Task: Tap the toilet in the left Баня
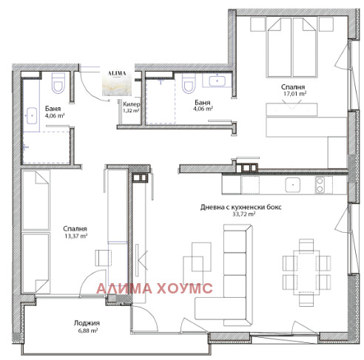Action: click(x=58, y=83)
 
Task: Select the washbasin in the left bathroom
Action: click(x=32, y=115)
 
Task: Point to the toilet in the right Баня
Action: click(x=189, y=84)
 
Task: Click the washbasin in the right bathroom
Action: click(x=217, y=81)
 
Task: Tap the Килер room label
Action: click(x=132, y=104)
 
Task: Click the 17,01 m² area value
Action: click(x=294, y=94)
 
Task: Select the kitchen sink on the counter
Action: click(x=293, y=185)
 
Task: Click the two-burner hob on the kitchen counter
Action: click(x=320, y=185)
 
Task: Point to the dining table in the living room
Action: click(x=306, y=273)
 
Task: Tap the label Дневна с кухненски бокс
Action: click(x=240, y=207)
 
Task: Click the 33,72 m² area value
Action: click(x=243, y=214)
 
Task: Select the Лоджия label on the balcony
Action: click(x=87, y=323)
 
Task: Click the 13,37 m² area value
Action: click(x=76, y=236)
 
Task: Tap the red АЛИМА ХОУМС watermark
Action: click(x=155, y=288)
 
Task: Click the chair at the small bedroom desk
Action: click(x=103, y=258)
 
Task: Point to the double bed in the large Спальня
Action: click(x=291, y=47)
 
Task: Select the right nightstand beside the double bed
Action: click(x=326, y=24)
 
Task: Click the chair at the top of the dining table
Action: click(x=306, y=245)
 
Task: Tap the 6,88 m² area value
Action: click(x=88, y=330)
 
